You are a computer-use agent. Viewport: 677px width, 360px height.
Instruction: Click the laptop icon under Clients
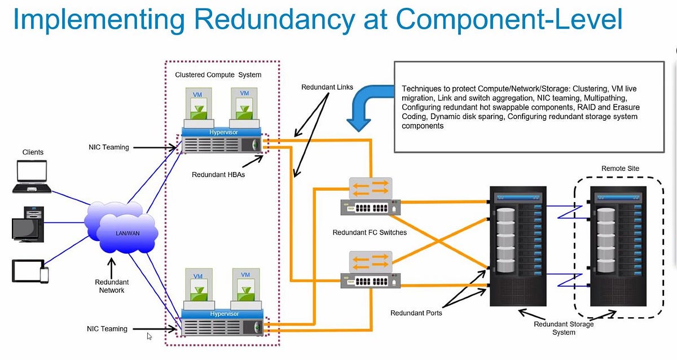pos(32,177)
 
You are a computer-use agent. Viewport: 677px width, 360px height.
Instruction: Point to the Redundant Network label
pos(112,286)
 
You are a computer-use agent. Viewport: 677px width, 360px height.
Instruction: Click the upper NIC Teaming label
pos(109,147)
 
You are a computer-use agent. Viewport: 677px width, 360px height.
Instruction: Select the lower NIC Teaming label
pos(107,328)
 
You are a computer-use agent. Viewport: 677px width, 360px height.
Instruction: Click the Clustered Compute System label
pos(218,74)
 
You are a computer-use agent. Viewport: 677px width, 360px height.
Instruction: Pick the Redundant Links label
pos(327,87)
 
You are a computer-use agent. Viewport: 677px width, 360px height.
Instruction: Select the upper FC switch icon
pos(370,198)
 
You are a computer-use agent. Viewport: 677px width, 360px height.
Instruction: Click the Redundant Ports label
pos(417,313)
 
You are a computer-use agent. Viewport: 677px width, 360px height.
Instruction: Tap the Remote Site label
pos(621,168)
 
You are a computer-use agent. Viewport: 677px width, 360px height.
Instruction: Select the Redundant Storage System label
pos(564,328)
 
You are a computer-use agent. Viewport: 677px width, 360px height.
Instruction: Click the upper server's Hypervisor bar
pos(224,131)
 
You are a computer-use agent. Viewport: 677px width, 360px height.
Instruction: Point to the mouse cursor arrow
pos(150,336)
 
